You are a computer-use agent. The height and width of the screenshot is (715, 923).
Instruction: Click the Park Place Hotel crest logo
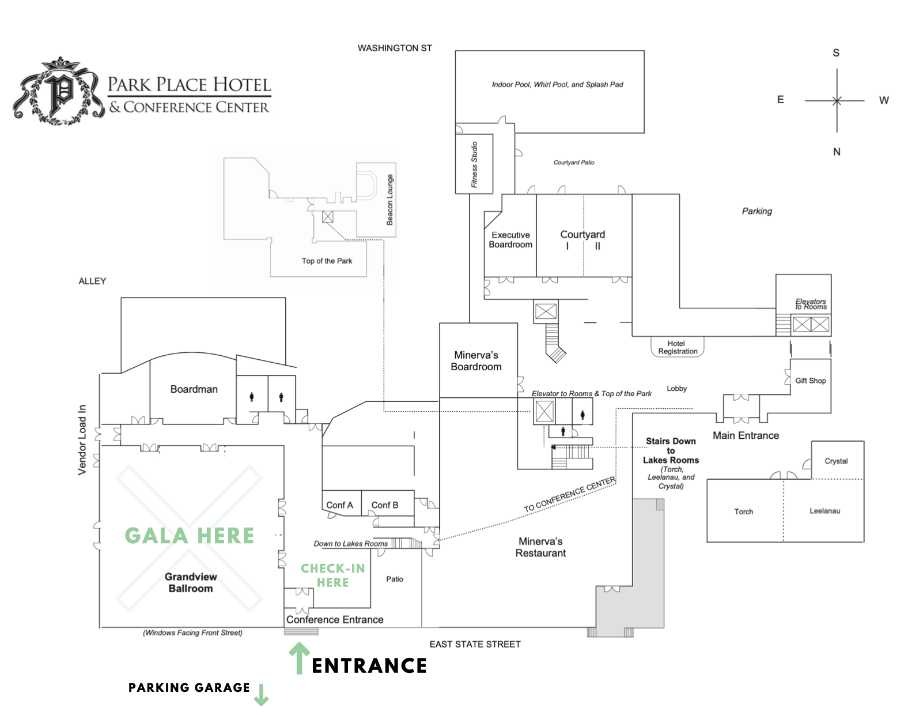[59, 92]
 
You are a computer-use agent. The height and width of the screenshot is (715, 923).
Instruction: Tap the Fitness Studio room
[474, 164]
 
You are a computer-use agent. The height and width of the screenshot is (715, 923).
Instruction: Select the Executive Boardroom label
[510, 240]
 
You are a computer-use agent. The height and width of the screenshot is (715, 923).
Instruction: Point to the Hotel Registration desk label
[678, 347]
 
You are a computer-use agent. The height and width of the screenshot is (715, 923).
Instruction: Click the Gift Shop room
[810, 381]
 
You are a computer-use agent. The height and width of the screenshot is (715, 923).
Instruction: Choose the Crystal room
[836, 461]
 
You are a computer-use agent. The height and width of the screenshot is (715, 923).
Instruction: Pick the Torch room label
[743, 511]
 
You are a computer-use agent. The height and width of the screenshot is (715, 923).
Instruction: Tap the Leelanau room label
[824, 511]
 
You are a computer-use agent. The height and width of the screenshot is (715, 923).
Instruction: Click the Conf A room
[340, 505]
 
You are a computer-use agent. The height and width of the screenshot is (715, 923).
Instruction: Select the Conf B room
[385, 505]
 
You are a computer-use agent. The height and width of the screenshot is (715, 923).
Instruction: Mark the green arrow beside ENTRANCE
[298, 658]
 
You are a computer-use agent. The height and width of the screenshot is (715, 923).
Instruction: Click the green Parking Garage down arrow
[261, 694]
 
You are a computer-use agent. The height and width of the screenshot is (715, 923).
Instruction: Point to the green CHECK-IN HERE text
[333, 575]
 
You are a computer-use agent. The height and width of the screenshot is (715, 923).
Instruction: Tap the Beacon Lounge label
[390, 200]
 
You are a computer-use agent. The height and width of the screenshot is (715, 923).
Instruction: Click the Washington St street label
[395, 48]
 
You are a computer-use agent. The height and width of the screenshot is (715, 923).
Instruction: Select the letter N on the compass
[837, 152]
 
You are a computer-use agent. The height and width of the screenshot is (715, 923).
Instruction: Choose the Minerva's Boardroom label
[476, 361]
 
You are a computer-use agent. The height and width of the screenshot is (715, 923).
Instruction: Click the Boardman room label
[194, 389]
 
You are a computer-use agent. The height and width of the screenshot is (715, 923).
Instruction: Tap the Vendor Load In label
[82, 439]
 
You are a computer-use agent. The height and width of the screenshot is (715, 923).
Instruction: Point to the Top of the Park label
[327, 261]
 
